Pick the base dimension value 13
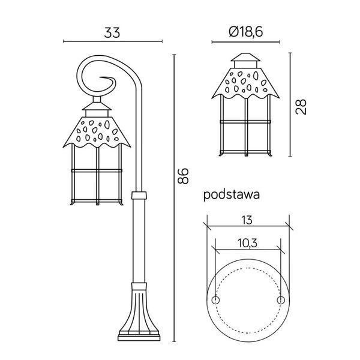pyautogui.click(x=247, y=220)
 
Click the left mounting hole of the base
pyautogui.click(x=217, y=299)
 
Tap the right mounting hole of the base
pyautogui.click(x=280, y=299)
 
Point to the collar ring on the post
pyautogui.click(x=139, y=196)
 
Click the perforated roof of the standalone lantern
pyautogui.click(x=247, y=83)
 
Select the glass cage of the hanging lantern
pyautogui.click(x=96, y=177)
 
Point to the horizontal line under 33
pyautogui.click(x=112, y=41)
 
